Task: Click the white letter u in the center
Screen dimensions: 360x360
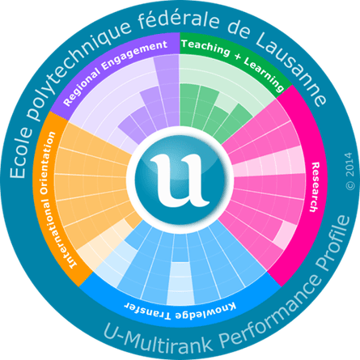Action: point(179,180)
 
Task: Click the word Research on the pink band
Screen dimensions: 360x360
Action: point(314,187)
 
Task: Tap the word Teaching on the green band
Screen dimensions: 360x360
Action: point(205,48)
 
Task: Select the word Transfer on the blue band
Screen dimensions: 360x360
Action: point(147,311)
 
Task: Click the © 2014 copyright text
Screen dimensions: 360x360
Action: point(350,171)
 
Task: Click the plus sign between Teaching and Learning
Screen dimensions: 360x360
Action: point(237,57)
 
